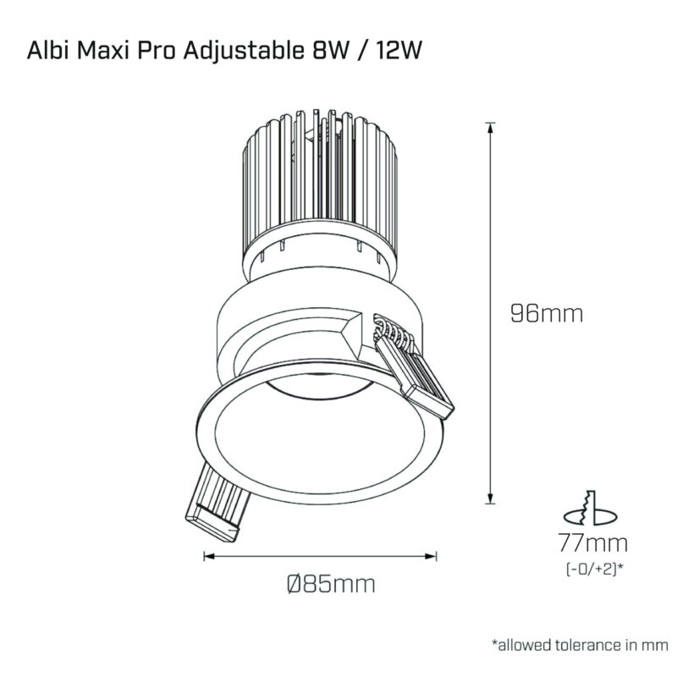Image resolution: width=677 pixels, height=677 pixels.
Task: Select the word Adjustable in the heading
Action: tap(244, 52)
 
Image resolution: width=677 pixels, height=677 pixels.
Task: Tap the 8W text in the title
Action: tap(330, 50)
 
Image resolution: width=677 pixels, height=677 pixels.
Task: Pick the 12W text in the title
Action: tap(398, 50)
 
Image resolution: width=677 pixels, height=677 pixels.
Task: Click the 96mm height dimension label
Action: tap(547, 313)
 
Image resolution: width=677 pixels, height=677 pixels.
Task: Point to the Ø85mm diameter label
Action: tap(331, 584)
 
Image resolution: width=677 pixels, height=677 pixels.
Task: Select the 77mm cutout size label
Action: tap(593, 542)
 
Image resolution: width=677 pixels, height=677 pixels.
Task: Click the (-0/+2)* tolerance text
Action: tap(594, 569)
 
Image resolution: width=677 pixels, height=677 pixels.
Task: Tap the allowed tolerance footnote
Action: tap(580, 645)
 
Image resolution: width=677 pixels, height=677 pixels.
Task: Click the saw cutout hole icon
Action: tap(591, 509)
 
